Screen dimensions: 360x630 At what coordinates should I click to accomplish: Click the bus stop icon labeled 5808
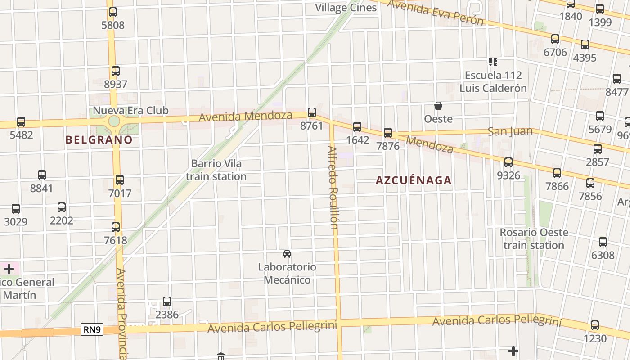[x=112, y=12]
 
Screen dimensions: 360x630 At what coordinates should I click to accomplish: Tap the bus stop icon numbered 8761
[x=312, y=112]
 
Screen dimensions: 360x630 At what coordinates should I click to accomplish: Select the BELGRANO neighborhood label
[x=99, y=140]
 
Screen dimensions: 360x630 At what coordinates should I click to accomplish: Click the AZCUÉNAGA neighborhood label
[x=413, y=180]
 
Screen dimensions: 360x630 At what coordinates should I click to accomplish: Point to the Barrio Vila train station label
[x=216, y=170]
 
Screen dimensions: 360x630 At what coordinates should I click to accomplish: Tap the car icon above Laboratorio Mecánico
[x=287, y=254]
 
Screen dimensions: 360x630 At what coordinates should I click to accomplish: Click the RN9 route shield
[x=92, y=330]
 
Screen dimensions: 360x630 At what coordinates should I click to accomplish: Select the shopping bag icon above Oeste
[x=438, y=106]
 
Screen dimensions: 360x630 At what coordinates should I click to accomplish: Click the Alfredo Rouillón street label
[x=333, y=187]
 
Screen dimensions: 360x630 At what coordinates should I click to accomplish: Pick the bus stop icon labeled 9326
[x=508, y=162]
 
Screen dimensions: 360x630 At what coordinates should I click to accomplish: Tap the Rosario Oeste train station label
[x=534, y=239]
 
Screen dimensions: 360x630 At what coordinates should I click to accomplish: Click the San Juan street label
[x=510, y=131]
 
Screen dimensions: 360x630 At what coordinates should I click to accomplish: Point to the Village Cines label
[x=346, y=8]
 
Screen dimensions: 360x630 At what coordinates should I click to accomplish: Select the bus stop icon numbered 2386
[x=167, y=301]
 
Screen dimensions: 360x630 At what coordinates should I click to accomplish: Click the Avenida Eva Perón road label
[x=436, y=12]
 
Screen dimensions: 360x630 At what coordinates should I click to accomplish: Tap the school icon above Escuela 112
[x=493, y=62]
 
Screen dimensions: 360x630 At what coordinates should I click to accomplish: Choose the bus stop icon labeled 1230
[x=595, y=325]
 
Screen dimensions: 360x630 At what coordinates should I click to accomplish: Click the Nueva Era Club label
[x=130, y=111]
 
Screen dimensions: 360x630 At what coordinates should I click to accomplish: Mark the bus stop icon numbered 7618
[x=116, y=227]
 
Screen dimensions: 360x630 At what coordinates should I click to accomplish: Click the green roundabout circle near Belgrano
[x=114, y=121]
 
